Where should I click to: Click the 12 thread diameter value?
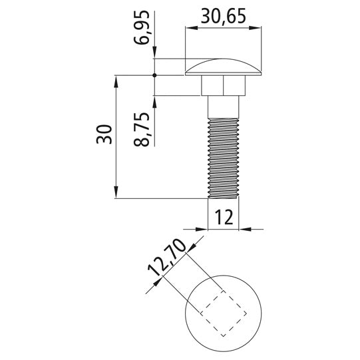click(224, 216)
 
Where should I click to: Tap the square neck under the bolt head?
click(222, 86)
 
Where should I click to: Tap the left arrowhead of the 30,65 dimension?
click(189, 27)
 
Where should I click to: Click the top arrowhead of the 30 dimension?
click(116, 79)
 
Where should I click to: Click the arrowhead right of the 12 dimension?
click(244, 229)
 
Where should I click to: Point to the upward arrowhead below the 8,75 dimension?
click(154, 100)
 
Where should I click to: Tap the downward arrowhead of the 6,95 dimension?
click(154, 55)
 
